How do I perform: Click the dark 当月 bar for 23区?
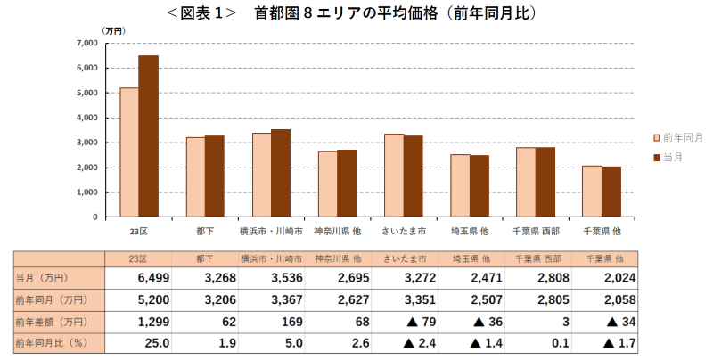(x=148, y=135)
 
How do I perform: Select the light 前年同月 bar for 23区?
(x=129, y=151)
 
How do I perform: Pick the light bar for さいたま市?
(x=393, y=175)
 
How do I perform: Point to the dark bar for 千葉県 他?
(x=611, y=192)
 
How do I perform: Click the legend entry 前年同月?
(x=683, y=137)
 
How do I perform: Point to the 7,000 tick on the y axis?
(x=86, y=43)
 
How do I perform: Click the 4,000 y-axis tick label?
(x=86, y=118)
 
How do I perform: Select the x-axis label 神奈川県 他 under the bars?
(x=337, y=231)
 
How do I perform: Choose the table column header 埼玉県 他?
(x=469, y=258)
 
